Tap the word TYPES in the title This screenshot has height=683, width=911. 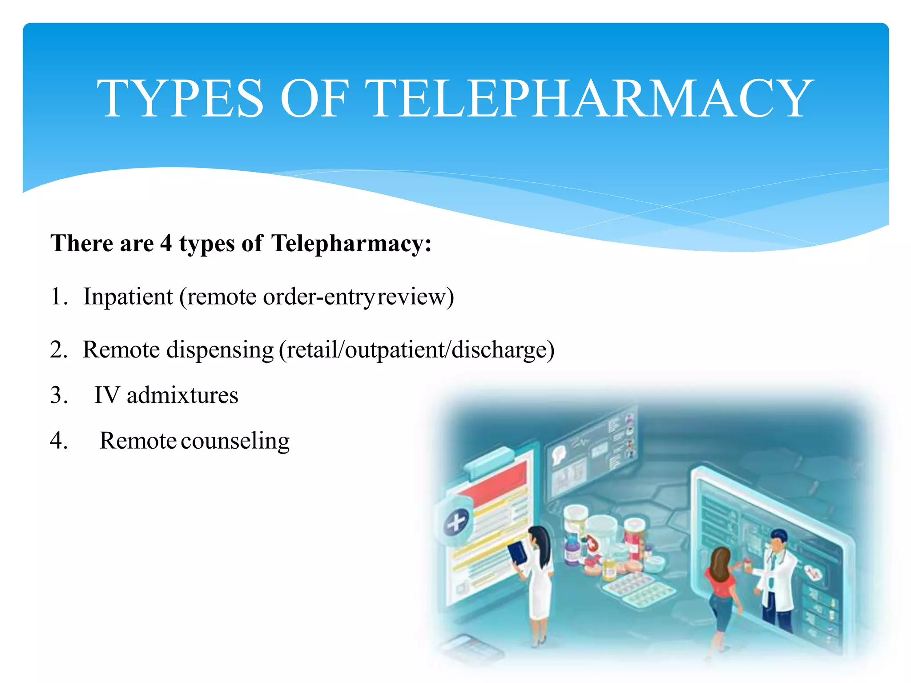click(181, 99)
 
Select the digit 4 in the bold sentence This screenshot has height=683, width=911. click(166, 244)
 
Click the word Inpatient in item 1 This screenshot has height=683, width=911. click(128, 297)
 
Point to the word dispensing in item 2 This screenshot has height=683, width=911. click(220, 350)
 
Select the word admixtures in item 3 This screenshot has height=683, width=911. click(182, 395)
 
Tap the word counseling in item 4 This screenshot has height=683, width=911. click(235, 441)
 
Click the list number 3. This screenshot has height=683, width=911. click(58, 395)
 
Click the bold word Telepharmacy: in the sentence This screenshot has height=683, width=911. click(351, 244)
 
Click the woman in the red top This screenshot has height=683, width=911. click(721, 587)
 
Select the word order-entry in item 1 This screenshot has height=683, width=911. click(318, 297)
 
